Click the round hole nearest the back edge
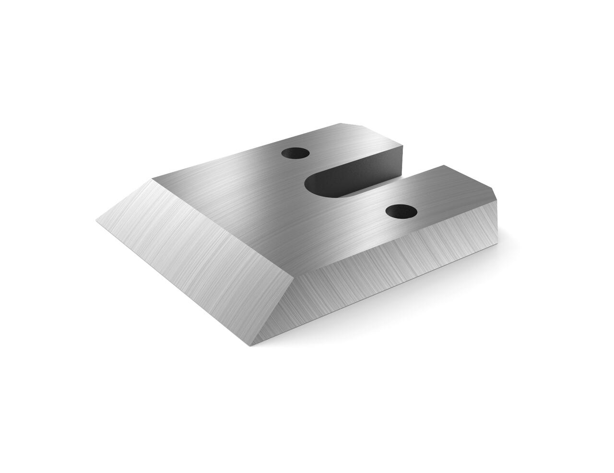point(295,154)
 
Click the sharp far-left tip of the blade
point(97,221)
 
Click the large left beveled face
point(192,249)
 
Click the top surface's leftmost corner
point(153,179)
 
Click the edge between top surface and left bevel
point(221,227)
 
